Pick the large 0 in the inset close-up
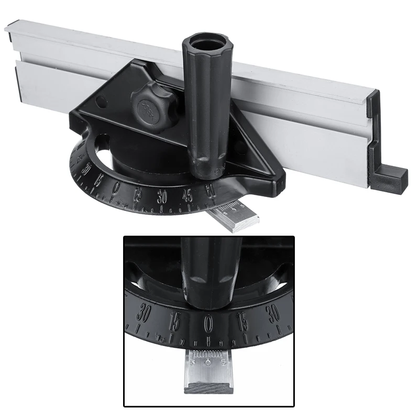click(208, 321)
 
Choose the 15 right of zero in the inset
click(241, 319)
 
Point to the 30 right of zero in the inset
click(273, 314)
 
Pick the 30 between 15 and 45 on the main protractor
click(162, 197)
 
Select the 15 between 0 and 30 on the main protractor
click(139, 194)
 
